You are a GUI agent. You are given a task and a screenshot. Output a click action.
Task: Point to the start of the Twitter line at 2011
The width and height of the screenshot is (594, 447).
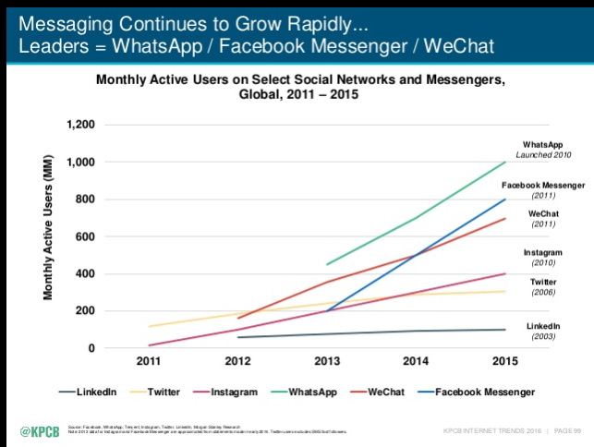(x=150, y=326)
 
